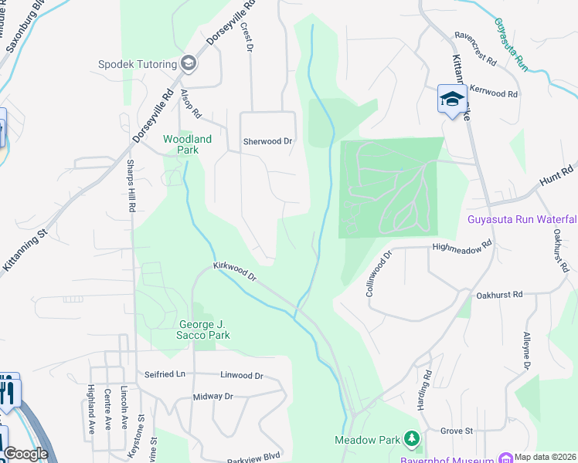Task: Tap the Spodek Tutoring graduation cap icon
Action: coord(187,63)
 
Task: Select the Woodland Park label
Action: coord(186,144)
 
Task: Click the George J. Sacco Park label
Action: coord(205,330)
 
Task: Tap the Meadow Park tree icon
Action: coord(413,440)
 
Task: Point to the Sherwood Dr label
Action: coord(268,141)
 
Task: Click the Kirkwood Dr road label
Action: coord(234,271)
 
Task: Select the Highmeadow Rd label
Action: coord(462,247)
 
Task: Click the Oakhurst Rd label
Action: coord(500,295)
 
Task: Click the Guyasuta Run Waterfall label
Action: coord(522,218)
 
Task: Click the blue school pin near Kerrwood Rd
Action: coord(449,99)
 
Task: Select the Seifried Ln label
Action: coord(165,374)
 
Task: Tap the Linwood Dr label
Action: coord(242,376)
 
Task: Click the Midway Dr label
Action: coord(212,397)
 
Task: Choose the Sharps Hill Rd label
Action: coord(131,186)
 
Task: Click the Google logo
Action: coord(25,454)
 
